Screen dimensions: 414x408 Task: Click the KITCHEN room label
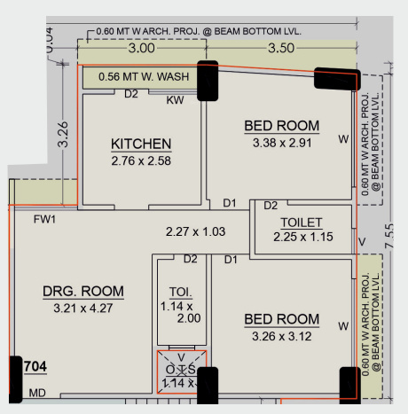[141, 145]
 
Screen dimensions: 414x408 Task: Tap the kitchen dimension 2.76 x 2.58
[141, 161]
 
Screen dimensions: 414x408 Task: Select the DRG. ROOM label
[83, 291]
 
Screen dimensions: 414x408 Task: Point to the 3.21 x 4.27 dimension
[83, 308]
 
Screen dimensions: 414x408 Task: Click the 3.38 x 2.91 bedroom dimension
[282, 142]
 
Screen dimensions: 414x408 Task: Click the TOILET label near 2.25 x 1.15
[301, 222]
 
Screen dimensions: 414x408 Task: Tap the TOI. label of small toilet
[180, 291]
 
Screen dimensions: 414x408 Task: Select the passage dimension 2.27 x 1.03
[196, 231]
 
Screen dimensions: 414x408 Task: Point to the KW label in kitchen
[175, 99]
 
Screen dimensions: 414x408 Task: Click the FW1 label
[45, 219]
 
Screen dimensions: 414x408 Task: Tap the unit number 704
[35, 365]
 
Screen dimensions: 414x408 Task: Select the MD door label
[37, 392]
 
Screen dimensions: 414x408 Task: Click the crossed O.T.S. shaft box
[180, 371]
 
